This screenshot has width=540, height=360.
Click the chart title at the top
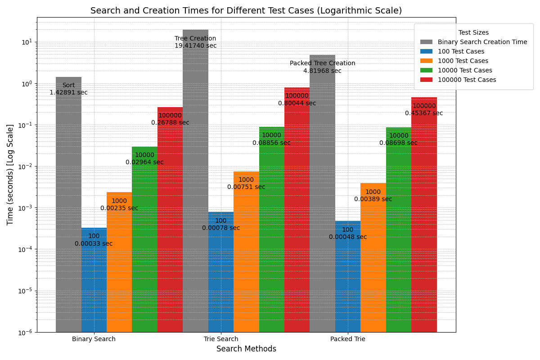[x=246, y=11]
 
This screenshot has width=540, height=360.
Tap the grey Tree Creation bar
[x=195, y=180]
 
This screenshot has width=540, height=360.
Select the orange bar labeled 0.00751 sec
[x=246, y=252]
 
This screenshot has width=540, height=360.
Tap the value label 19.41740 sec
[x=195, y=46]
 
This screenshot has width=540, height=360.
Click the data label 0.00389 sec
[x=373, y=199]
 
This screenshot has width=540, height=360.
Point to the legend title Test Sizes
[x=473, y=33]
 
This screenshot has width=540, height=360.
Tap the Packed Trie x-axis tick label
[x=348, y=339]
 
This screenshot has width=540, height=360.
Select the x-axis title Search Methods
[x=246, y=349]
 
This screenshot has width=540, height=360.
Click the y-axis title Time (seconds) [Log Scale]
[x=10, y=175]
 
